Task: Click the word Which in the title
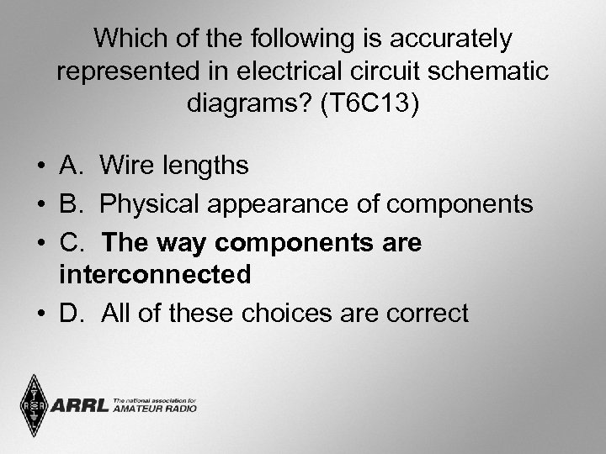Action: click(122, 38)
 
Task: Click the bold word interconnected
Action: click(156, 275)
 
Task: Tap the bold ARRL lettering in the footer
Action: click(79, 407)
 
